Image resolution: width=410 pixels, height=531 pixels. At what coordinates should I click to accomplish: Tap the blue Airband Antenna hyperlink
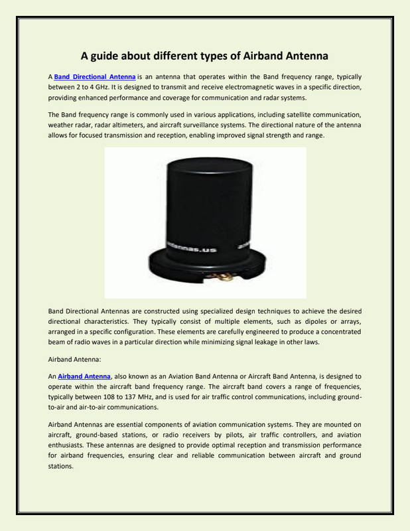[x=84, y=376]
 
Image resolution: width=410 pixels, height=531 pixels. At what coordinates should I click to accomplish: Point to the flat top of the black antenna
[x=205, y=167]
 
